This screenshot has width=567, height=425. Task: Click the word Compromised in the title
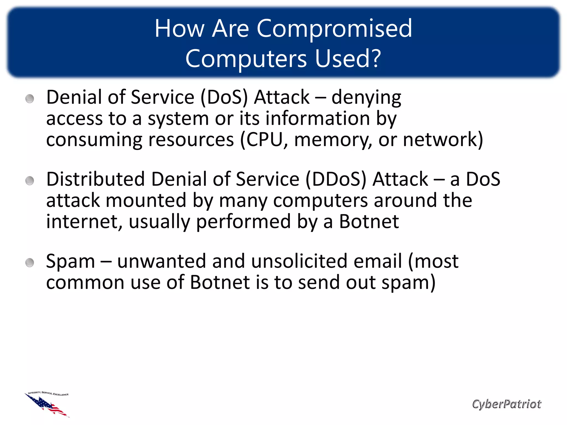(334, 29)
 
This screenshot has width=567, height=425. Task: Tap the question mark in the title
(375, 59)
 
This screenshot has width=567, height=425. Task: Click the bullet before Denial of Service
(30, 99)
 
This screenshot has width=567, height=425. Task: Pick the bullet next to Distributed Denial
(30, 181)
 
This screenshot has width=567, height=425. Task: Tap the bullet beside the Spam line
(30, 263)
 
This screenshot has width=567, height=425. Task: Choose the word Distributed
(96, 179)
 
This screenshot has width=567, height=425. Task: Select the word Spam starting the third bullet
(70, 262)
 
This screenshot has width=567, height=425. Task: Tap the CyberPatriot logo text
(506, 404)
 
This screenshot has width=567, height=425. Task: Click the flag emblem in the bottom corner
(47, 405)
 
